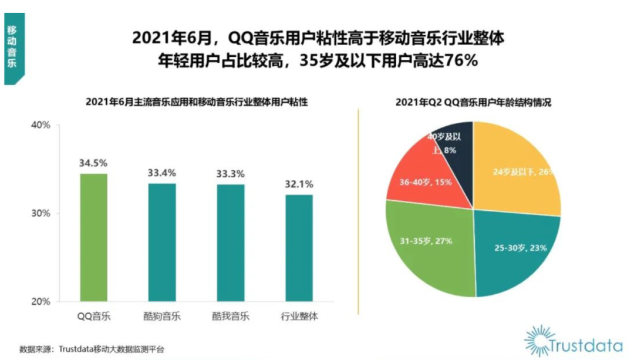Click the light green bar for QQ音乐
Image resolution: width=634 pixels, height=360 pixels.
pos(94,237)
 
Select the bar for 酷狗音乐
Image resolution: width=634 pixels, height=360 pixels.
pos(161,242)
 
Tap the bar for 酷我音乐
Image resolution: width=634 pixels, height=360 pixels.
pos(230,243)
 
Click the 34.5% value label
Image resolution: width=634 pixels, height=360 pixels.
pos(93,163)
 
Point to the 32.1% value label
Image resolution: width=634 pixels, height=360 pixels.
pos(298,184)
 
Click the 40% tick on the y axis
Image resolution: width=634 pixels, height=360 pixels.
pos(40,125)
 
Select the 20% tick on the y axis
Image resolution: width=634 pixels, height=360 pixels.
pos(40,302)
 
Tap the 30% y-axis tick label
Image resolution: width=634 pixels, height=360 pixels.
pos(40,213)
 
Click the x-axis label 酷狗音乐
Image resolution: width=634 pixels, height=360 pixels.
pos(161,317)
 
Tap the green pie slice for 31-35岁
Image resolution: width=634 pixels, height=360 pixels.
pos(431,247)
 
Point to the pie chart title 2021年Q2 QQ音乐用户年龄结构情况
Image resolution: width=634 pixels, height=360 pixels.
pos(473,102)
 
